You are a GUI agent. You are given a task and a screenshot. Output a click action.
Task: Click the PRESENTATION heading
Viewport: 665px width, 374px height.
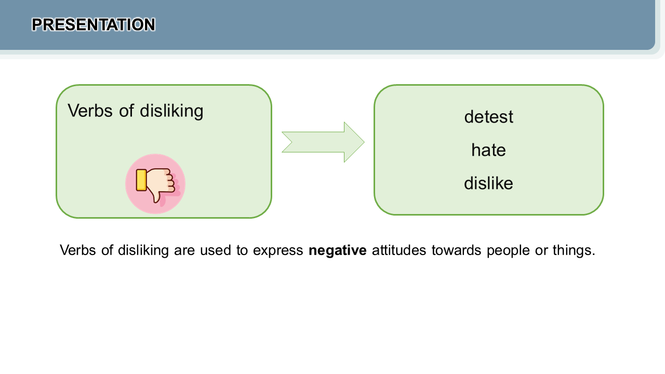pos(94,24)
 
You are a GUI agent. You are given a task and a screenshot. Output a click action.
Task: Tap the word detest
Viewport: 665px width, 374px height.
pos(489,117)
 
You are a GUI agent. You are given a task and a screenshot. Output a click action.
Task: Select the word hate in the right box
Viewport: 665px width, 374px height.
pos(489,150)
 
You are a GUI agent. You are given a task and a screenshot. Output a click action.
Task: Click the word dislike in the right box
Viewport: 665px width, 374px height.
pos(489,183)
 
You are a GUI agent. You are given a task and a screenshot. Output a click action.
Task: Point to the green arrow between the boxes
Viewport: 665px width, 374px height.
pos(323,142)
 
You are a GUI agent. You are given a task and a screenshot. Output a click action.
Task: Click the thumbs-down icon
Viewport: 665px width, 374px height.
pos(155,184)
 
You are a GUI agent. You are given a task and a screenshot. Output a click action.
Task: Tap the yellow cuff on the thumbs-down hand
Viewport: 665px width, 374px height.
pos(141,180)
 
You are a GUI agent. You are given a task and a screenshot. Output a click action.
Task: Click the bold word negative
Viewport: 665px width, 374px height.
pos(338,250)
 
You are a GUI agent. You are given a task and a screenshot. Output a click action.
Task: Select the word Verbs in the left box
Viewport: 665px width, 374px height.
pos(90,111)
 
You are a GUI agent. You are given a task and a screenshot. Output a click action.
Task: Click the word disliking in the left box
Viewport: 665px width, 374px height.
pos(171,111)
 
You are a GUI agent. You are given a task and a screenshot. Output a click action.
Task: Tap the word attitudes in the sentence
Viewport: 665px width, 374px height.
pos(399,250)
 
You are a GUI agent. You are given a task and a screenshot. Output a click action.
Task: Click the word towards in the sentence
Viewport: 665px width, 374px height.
pos(456,250)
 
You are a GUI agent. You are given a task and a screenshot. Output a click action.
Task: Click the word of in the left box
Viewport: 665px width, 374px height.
pos(126,111)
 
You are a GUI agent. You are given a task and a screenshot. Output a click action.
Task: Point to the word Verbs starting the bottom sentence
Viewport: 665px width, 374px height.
pos(78,250)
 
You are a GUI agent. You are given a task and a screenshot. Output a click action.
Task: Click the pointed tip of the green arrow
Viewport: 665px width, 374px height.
pos(364,142)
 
